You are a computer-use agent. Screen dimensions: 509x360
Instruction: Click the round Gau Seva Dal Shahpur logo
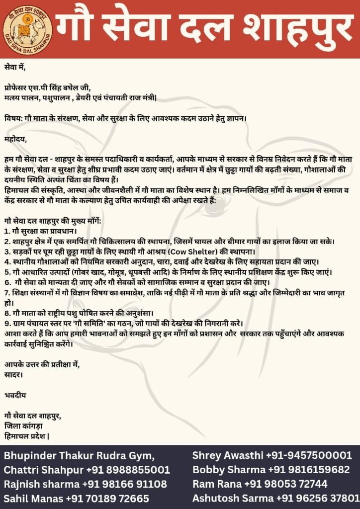click(x=28, y=27)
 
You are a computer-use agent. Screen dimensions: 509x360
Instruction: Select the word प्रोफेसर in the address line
click(x=17, y=88)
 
